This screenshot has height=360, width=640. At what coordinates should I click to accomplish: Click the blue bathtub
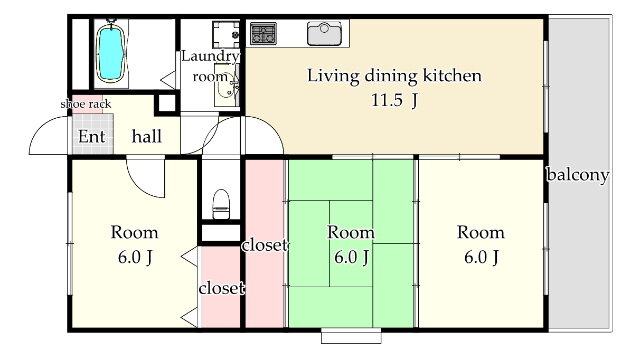point(110,53)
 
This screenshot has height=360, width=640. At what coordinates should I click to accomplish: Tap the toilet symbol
point(221,204)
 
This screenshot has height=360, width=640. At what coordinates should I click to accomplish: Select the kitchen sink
point(324,33)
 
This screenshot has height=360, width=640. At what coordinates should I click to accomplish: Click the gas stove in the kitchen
point(263,33)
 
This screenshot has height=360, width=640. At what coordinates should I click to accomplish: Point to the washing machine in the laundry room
point(226,35)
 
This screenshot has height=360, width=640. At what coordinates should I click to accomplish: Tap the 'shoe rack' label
point(86,104)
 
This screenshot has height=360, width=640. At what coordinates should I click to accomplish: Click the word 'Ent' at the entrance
point(92,136)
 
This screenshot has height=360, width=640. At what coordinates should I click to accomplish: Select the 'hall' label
point(147,136)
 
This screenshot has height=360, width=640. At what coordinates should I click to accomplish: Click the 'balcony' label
point(578,175)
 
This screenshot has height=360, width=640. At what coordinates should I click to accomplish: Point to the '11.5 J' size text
point(394,100)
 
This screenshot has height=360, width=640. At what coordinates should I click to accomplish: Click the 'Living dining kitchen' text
point(394,76)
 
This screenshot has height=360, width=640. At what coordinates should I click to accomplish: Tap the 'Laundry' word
point(210,56)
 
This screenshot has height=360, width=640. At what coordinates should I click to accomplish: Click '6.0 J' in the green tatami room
point(351,257)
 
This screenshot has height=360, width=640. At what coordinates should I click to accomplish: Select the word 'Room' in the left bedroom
point(134,232)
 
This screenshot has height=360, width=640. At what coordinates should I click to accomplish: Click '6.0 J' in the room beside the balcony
point(481,257)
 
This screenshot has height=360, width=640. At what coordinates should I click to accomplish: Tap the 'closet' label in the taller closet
point(264,245)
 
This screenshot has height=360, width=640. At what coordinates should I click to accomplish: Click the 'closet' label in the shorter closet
point(222,288)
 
